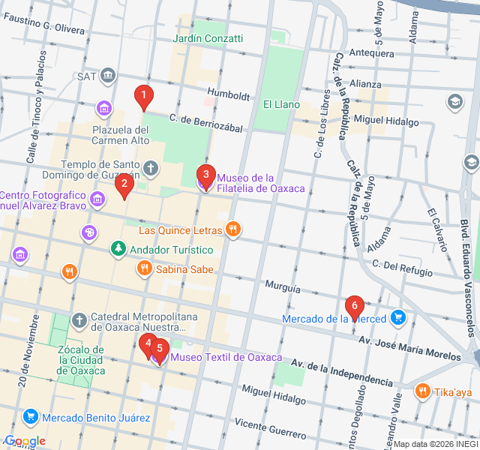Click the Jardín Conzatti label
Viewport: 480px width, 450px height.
click(x=208, y=38)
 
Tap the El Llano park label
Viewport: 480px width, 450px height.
click(x=281, y=104)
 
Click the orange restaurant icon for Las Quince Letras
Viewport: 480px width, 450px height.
click(x=233, y=229)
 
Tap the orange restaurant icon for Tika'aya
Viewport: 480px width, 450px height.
click(x=423, y=391)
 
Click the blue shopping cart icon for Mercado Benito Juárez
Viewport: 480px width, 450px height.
click(x=31, y=416)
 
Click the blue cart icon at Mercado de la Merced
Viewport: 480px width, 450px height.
click(x=398, y=318)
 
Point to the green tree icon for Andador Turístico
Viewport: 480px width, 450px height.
click(x=118, y=248)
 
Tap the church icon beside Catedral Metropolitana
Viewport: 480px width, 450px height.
click(x=79, y=320)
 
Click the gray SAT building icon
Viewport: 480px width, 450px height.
click(x=108, y=76)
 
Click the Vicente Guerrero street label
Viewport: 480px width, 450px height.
click(x=270, y=430)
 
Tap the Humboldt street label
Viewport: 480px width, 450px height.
click(x=229, y=95)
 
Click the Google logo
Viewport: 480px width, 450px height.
click(x=25, y=440)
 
